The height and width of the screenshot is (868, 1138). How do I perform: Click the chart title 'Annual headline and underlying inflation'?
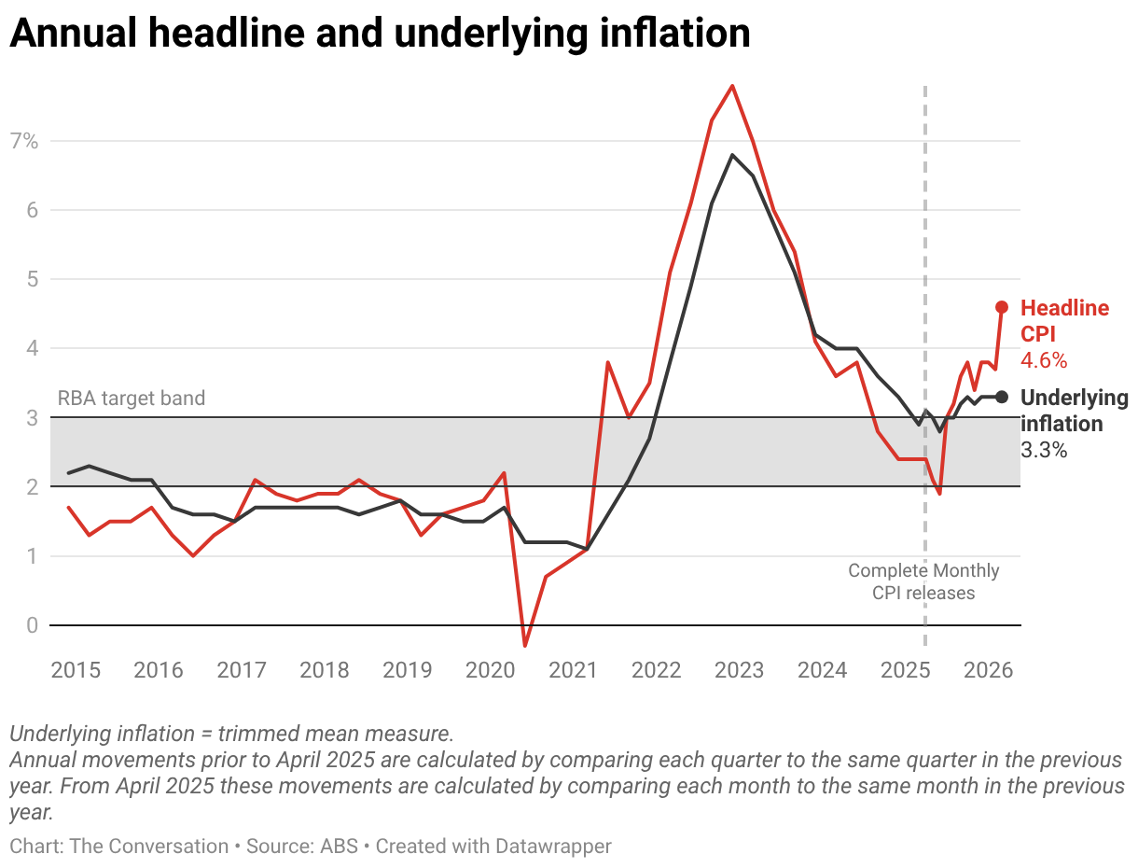coord(380,34)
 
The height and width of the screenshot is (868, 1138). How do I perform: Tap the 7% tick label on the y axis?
coord(23,142)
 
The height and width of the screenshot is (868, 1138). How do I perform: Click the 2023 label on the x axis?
coord(739,669)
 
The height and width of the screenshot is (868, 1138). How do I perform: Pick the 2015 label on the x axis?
coord(75,669)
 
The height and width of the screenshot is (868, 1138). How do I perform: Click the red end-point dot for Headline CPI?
coord(1002,307)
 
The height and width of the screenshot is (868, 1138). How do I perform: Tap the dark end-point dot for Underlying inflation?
coord(1002,397)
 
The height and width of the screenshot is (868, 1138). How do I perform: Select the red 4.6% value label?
coord(1044,360)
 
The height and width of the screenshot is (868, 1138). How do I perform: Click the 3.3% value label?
coord(1044,450)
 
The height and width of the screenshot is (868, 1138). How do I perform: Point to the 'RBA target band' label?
coord(132,399)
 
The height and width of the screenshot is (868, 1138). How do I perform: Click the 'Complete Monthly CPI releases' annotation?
coord(923,581)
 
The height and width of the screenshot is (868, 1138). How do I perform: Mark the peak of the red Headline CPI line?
coord(732,86)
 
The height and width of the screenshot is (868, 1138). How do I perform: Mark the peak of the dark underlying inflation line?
coord(732,155)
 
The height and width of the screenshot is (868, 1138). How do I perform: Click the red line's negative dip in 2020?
coord(525,646)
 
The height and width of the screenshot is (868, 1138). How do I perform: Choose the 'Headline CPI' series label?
coord(1064,321)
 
